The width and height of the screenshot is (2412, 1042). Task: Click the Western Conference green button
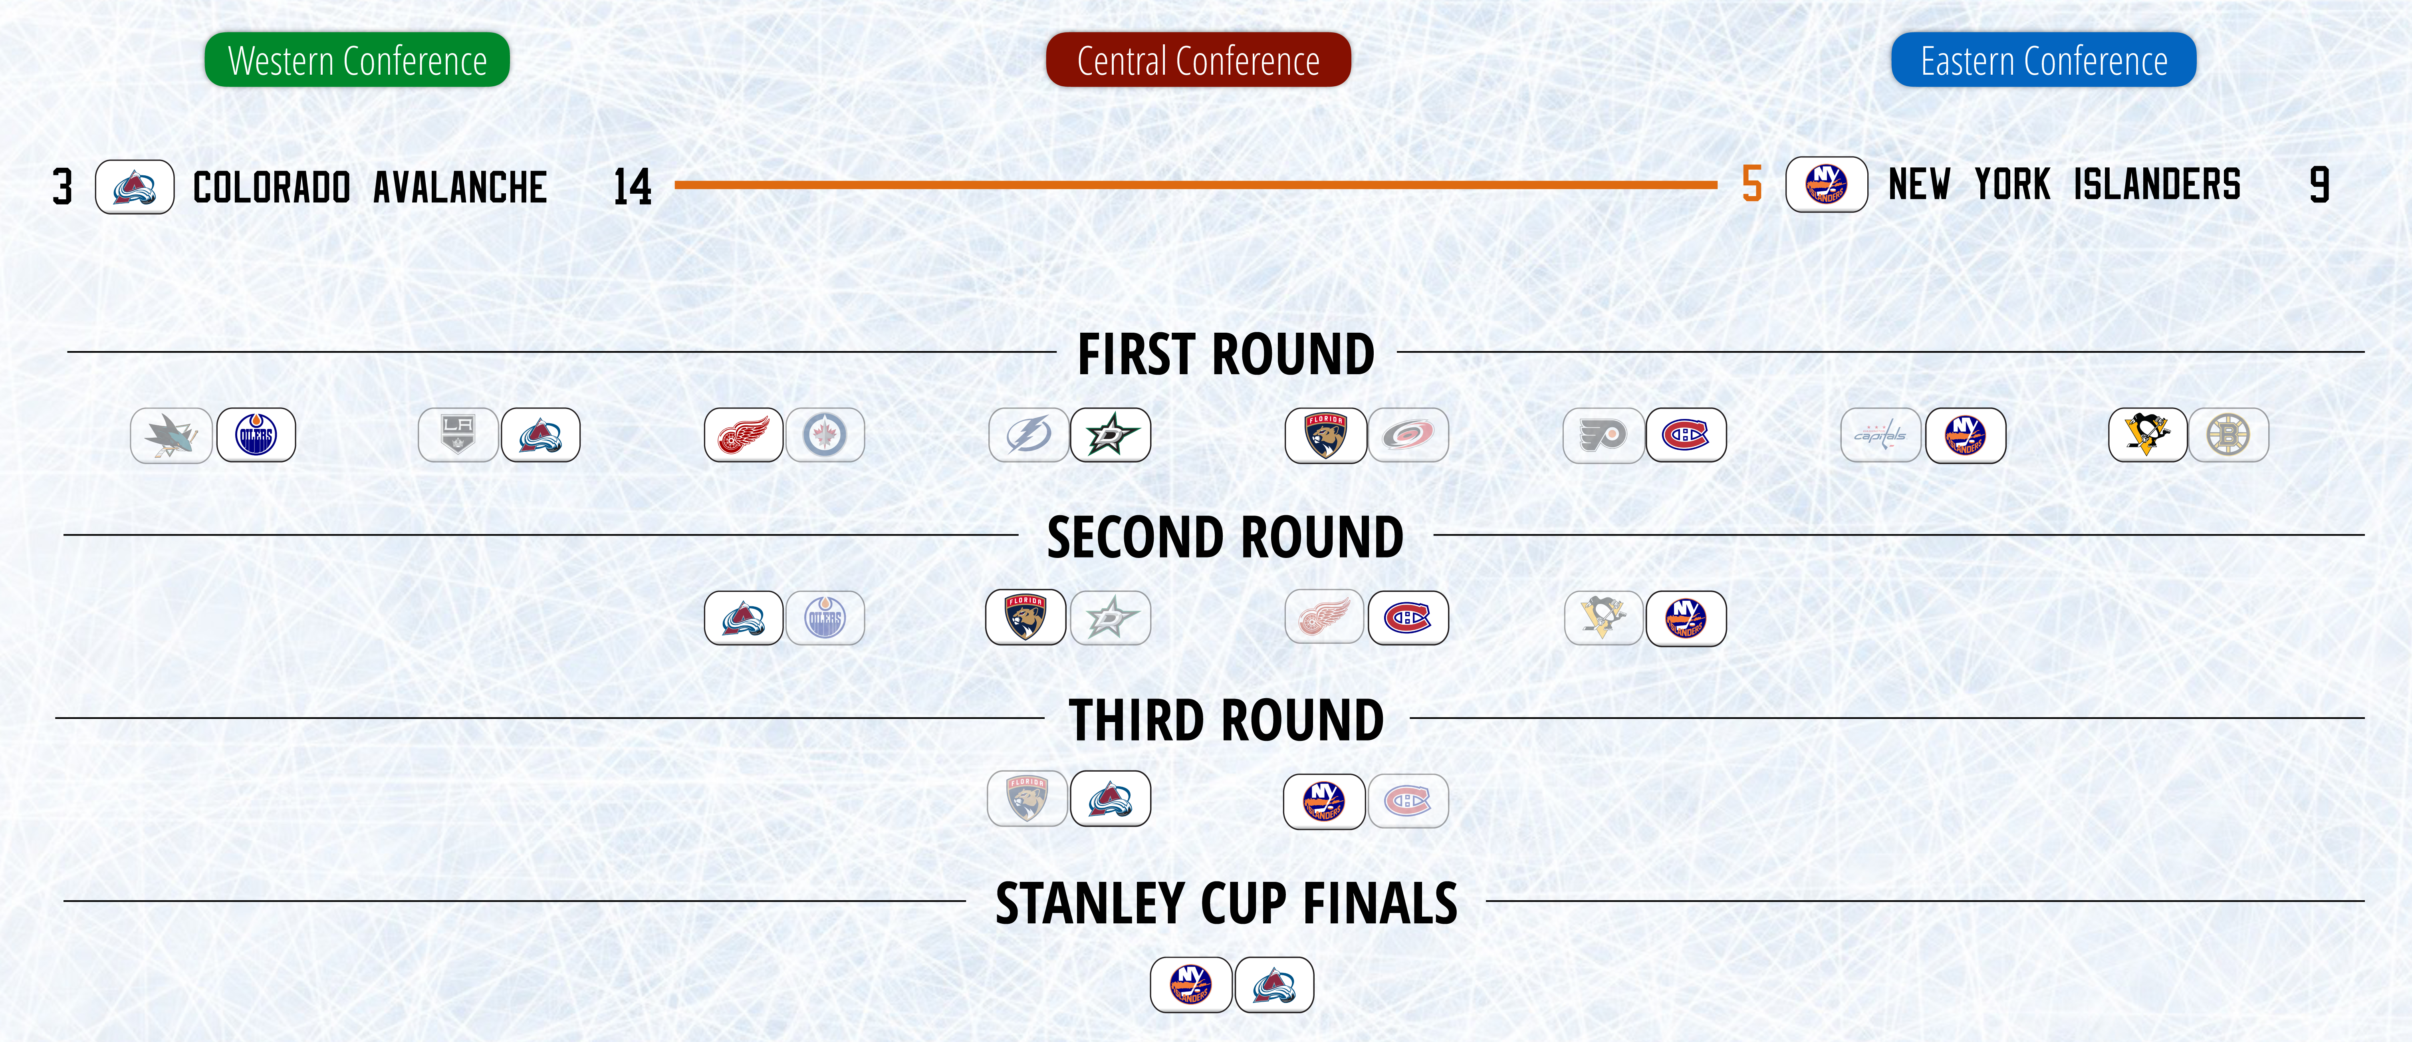(357, 60)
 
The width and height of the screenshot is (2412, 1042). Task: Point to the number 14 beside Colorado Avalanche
(632, 186)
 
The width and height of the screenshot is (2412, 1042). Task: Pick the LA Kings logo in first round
(458, 435)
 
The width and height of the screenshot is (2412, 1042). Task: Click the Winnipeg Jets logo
(825, 435)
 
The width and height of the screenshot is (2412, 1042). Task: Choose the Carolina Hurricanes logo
(1408, 435)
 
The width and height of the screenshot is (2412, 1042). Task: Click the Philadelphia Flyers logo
(1603, 435)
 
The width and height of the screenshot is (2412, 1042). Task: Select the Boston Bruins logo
(2228, 435)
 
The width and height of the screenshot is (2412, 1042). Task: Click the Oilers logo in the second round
(825, 618)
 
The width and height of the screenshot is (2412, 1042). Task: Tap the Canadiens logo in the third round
(1408, 800)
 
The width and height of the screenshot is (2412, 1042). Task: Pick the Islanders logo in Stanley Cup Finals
(1191, 985)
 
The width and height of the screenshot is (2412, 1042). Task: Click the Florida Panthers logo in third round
(1027, 799)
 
